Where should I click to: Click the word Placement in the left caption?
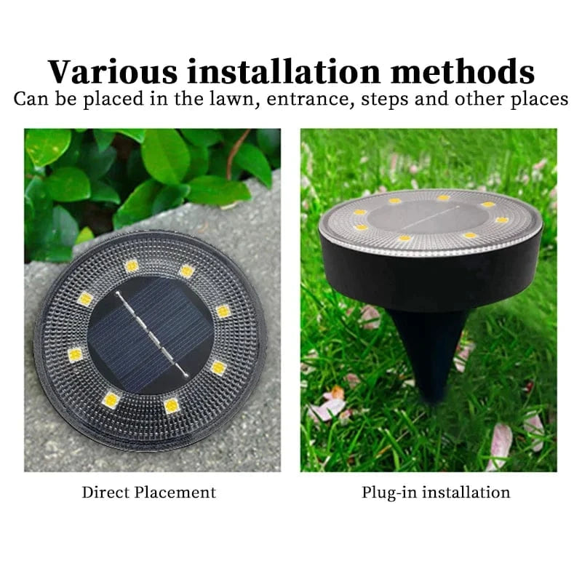tap(176, 492)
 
